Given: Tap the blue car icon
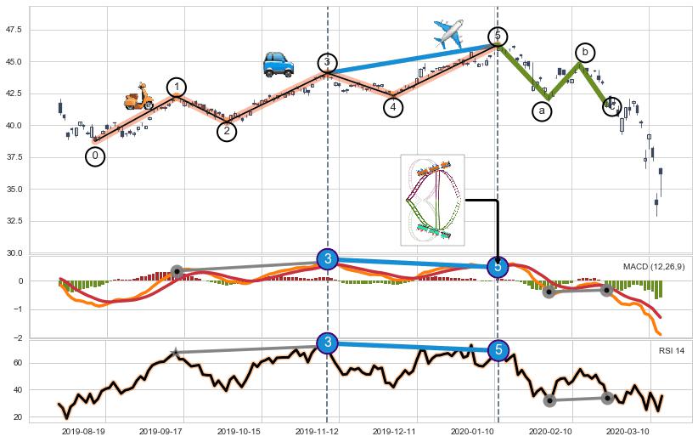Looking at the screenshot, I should coord(278,64).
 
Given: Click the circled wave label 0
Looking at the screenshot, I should coord(95,156).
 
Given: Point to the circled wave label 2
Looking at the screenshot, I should coord(226,131).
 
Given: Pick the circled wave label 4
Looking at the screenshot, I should coord(392,107).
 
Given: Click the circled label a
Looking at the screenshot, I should coord(542,111).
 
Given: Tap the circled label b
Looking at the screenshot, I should coord(584,53).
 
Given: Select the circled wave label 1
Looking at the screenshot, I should coord(176,88).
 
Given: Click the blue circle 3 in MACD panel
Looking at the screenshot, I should coord(328,259).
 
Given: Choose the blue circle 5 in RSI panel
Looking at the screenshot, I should coord(498,349).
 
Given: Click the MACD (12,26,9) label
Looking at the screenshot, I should coord(654,267).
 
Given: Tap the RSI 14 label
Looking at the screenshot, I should coord(672,351).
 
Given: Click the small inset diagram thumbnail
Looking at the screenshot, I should coord(432,199).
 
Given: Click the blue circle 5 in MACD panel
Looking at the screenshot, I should coord(498,266).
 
